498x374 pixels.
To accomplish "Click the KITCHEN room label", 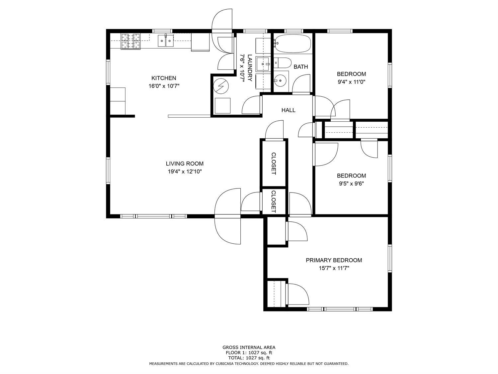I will pos(164,78).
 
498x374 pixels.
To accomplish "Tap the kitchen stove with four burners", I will pos(130,42).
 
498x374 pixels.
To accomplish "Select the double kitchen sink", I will pos(165,41).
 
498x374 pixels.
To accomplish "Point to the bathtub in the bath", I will pos(292,44).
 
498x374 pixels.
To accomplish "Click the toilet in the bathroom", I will pos(283,63).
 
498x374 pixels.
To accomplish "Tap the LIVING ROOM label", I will pos(185,164).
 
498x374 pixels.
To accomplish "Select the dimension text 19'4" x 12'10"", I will pos(185,172).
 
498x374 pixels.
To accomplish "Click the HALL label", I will pos(288,110).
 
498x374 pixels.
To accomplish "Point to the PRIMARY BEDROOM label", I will pos(334,260).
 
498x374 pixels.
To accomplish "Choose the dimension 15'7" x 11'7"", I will pos(334,268).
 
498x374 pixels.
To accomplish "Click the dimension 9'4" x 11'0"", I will pos(351,82).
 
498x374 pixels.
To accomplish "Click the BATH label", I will pos(300,67).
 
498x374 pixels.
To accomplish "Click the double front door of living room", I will pos(228,216).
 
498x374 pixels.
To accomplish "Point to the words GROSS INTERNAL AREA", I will pos(249,347).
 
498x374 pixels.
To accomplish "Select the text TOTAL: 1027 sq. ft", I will pos(249,358).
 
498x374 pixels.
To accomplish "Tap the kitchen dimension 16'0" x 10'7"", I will pos(164,86).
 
